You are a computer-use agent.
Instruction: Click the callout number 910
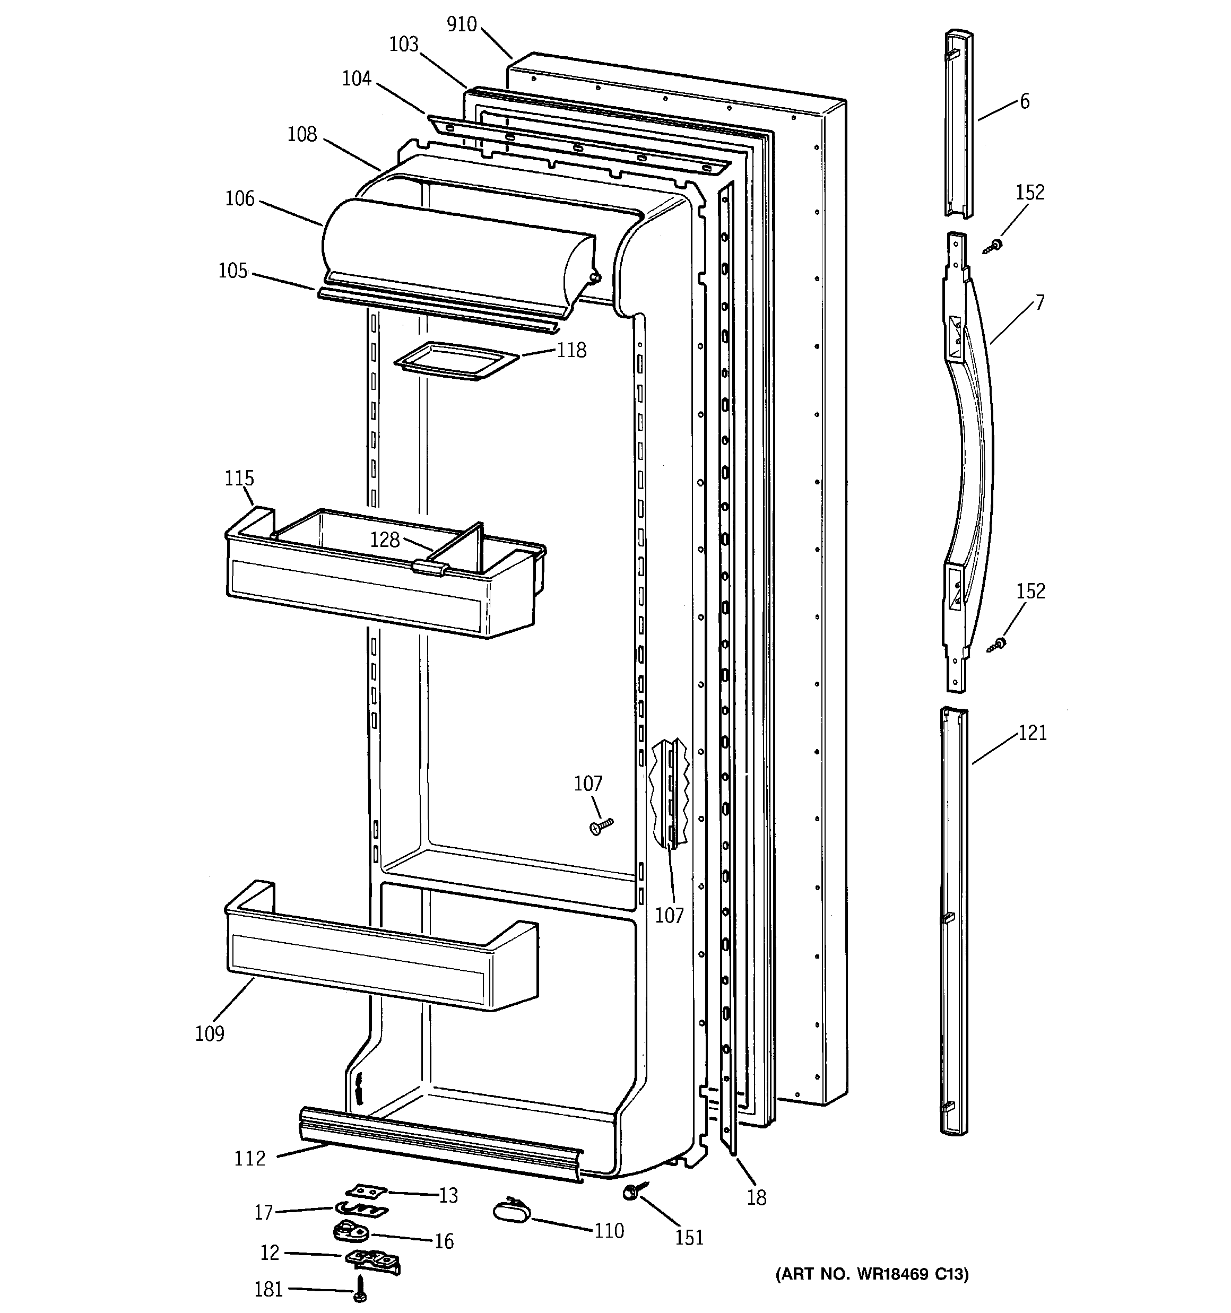(461, 24)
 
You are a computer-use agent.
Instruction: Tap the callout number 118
(571, 350)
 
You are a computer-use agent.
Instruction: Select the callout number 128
(385, 540)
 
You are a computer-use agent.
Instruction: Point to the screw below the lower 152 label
(996, 644)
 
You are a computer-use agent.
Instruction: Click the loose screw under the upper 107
(601, 826)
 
